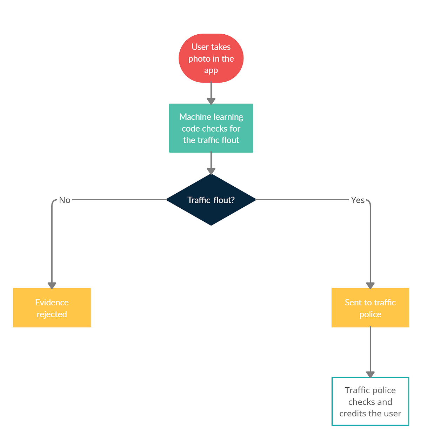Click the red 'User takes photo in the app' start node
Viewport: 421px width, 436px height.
211,58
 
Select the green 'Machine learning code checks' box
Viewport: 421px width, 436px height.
211,128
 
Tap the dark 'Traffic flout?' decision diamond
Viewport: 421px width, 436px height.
211,200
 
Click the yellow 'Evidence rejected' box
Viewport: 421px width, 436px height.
52,307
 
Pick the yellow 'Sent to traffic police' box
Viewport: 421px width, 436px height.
370,307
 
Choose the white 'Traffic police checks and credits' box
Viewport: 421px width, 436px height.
370,401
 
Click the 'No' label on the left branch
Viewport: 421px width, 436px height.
65,200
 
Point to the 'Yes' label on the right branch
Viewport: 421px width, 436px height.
357,200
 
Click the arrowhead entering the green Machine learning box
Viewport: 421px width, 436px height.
211,101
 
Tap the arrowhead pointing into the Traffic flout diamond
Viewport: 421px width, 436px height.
211,171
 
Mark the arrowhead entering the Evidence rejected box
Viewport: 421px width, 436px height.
52,285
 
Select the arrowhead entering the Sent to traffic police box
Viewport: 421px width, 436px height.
370,285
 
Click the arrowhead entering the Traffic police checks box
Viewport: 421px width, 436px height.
370,374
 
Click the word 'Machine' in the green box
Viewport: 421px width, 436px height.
195,117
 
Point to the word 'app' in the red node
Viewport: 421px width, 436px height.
211,70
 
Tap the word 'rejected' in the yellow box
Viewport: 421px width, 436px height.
52,314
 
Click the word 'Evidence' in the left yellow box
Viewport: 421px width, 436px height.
52,303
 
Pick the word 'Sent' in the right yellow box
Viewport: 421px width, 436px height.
353,303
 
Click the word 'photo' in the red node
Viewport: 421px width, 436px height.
199,59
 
